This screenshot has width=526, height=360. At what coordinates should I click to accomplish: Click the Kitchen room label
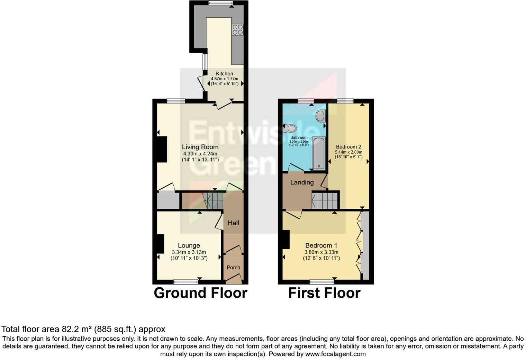224,73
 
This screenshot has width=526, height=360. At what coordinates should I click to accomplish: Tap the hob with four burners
238,29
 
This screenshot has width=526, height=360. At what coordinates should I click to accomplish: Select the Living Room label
200,147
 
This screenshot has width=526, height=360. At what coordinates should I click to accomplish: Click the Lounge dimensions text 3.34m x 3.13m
189,252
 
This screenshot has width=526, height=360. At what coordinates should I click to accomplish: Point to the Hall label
233,223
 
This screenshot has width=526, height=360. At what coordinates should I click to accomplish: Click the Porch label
233,267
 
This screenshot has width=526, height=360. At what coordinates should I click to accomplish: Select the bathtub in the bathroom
319,153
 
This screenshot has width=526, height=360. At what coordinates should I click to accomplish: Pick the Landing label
302,182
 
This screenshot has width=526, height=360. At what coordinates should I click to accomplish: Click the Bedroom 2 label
348,147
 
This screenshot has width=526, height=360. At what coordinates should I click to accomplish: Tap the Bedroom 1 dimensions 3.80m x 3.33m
321,252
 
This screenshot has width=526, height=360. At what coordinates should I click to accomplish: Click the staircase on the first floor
325,200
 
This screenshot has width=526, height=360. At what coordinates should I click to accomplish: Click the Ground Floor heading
200,293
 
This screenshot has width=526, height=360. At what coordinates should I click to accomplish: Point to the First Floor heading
324,293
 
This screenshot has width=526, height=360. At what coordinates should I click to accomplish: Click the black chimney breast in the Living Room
162,149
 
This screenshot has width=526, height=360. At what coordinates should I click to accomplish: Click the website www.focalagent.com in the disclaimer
335,354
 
